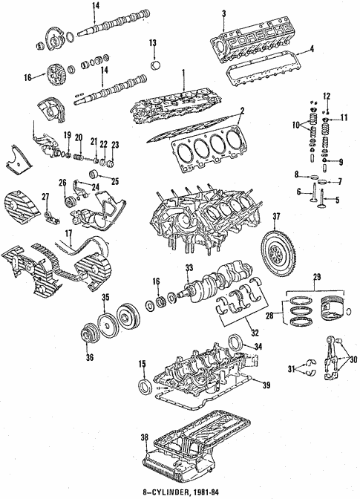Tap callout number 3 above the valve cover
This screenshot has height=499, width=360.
tap(223, 13)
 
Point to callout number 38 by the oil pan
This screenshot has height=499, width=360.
tap(143, 438)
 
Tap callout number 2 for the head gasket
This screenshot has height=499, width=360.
tap(242, 111)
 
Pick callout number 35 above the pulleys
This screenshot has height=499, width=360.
tap(105, 299)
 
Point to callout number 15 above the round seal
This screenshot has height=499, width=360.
tap(140, 363)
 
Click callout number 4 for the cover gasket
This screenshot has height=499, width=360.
tap(312, 50)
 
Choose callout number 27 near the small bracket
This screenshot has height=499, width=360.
tap(45, 196)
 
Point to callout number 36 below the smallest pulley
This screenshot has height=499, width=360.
tap(90, 357)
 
